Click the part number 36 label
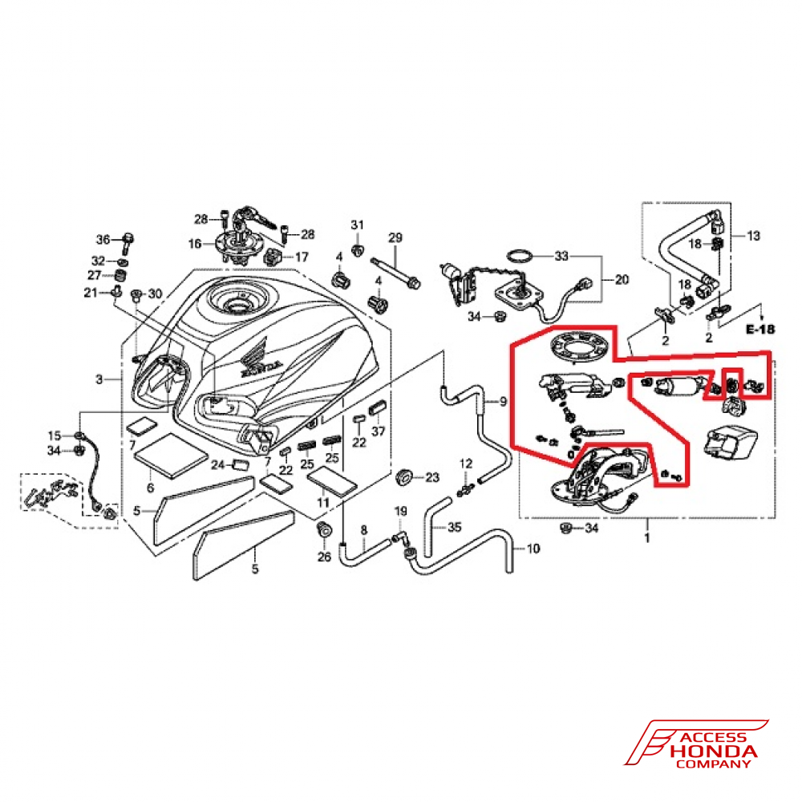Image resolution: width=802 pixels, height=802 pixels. click(x=103, y=240)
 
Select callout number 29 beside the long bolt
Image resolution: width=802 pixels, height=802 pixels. click(x=395, y=237)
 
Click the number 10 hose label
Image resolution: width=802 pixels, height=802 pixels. click(x=533, y=549)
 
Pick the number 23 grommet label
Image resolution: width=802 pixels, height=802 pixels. click(x=432, y=478)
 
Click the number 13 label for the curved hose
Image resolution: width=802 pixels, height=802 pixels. click(x=753, y=237)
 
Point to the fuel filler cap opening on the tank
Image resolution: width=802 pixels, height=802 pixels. click(x=237, y=305)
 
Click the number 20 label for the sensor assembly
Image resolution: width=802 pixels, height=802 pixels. click(x=622, y=280)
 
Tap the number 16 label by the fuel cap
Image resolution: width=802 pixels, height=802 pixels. click(x=196, y=243)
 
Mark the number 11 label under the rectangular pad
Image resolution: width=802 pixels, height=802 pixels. click(x=323, y=503)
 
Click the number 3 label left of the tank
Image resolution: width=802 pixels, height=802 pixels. click(x=99, y=379)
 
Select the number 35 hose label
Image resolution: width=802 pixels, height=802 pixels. click(x=455, y=528)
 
